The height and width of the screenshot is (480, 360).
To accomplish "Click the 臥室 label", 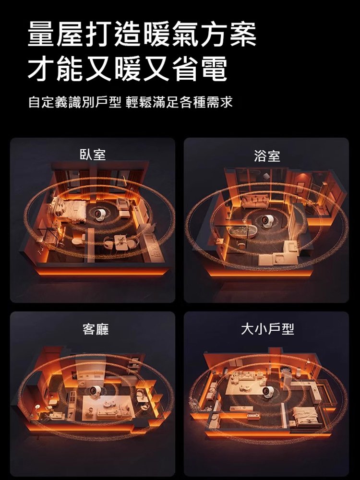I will coord(93,155).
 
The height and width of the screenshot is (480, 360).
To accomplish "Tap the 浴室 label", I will coord(267,156).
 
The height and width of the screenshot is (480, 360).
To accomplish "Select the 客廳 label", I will coord(96,329).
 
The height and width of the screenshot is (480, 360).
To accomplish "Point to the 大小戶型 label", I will coord(267,329).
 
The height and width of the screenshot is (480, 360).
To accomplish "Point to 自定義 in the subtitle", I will coord(46,103).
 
